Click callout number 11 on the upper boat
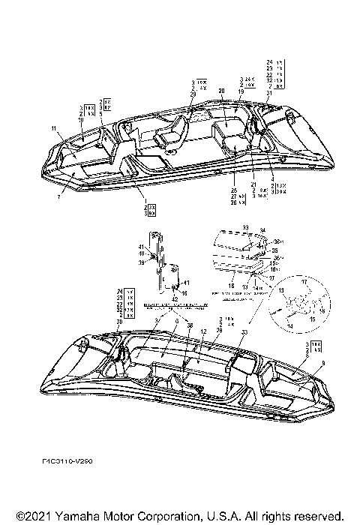pyautogui.click(x=53, y=129)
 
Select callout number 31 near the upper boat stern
pyautogui.click(x=268, y=92)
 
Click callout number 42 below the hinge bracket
pyautogui.click(x=175, y=298)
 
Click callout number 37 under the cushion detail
pyautogui.click(x=271, y=277)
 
